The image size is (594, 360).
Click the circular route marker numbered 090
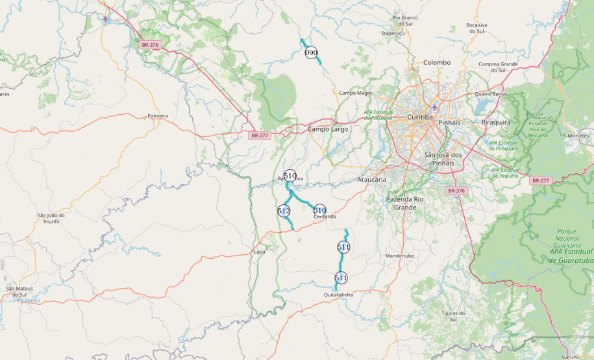point(312,53)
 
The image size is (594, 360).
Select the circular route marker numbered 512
point(284,211)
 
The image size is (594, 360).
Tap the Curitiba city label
point(419,117)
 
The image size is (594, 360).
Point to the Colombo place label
point(436,62)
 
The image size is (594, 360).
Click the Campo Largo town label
point(328,129)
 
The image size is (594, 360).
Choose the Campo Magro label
point(356,93)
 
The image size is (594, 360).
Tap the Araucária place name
point(372,179)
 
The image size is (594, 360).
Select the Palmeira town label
point(158,115)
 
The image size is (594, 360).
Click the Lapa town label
point(260,252)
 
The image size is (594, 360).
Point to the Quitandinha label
point(338,294)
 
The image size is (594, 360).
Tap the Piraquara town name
point(496,122)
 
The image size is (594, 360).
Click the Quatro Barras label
point(491,93)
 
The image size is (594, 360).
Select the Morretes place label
point(578,136)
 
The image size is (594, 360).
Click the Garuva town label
point(571,356)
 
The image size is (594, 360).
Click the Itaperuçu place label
point(393,32)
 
